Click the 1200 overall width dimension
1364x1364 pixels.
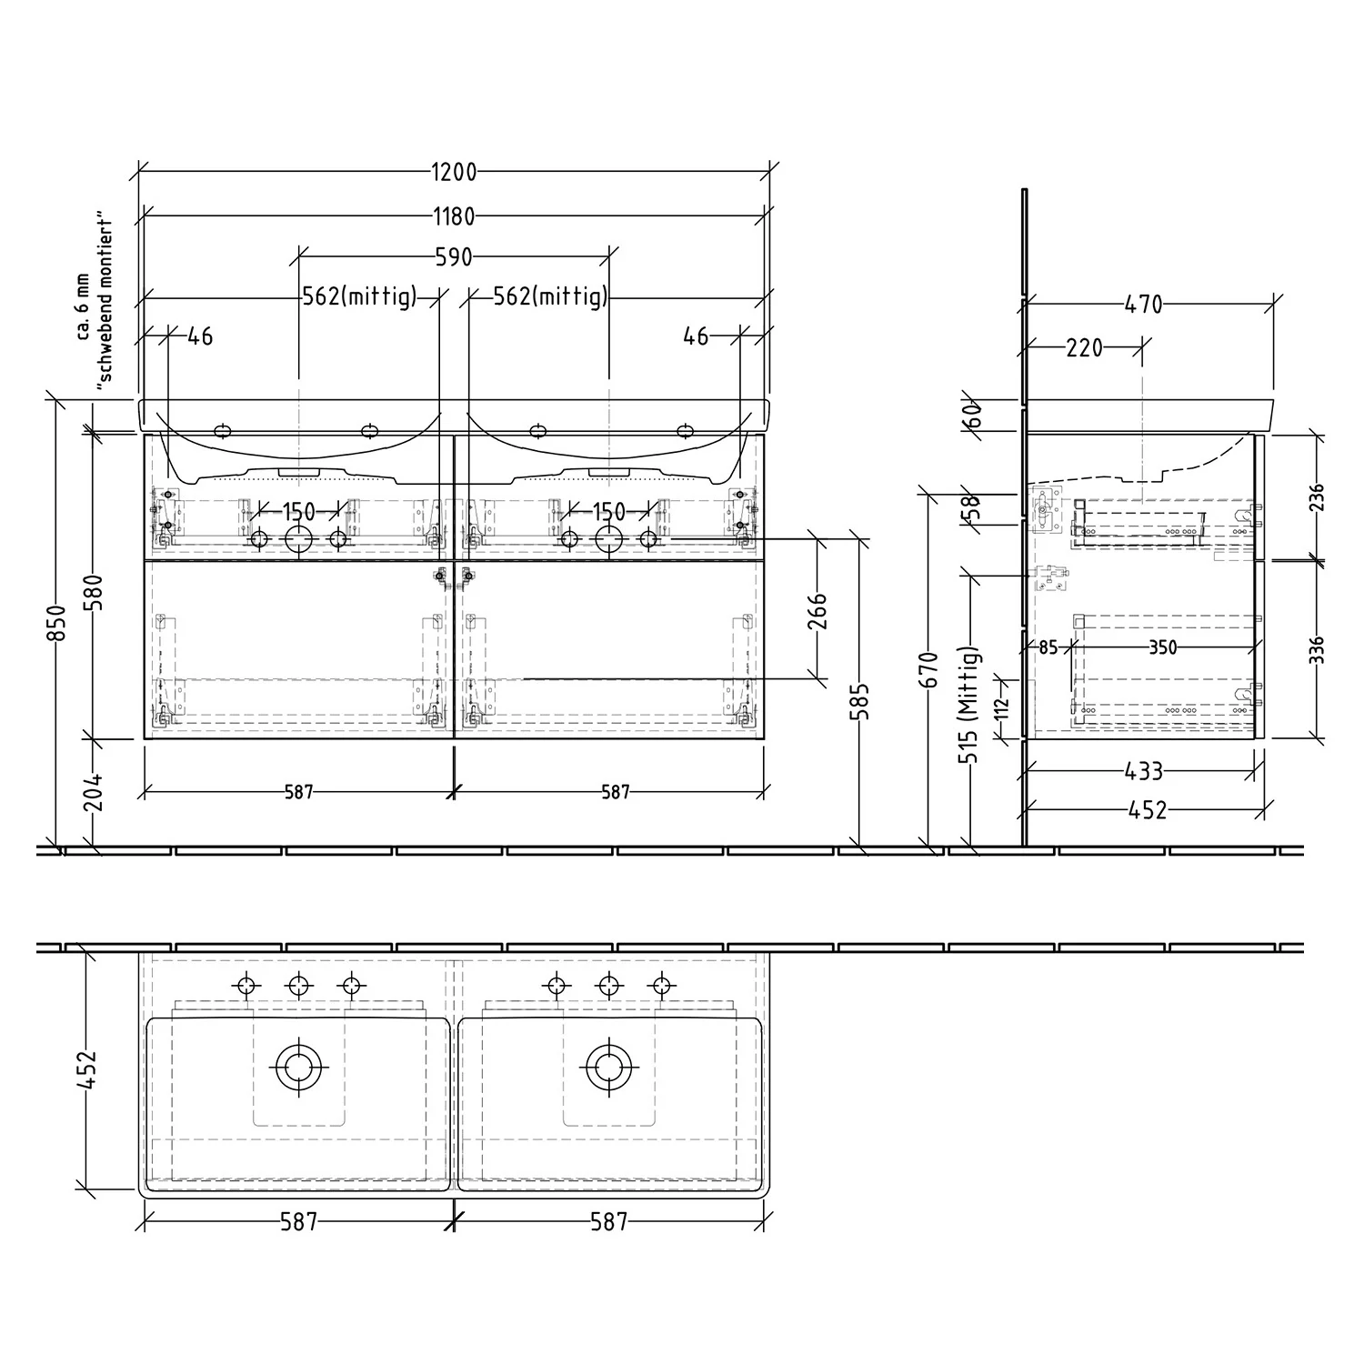click(x=454, y=172)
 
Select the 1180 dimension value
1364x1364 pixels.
click(x=454, y=216)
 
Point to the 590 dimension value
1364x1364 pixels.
click(x=454, y=257)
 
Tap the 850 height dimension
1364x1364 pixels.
click(x=56, y=623)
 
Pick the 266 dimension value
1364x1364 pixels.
click(x=817, y=610)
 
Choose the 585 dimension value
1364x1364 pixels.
click(x=860, y=701)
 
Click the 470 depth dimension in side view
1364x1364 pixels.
click(x=1143, y=305)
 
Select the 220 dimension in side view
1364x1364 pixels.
click(x=1084, y=347)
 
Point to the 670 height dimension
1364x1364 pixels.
click(x=928, y=671)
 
